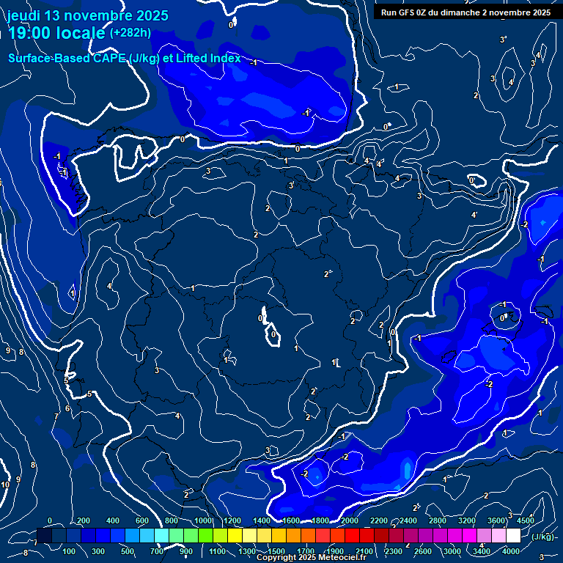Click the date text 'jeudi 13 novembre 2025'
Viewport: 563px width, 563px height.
pyautogui.click(x=88, y=15)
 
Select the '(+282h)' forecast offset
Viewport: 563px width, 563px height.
pyautogui.click(x=130, y=32)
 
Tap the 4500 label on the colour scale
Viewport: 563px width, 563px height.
pyautogui.click(x=526, y=520)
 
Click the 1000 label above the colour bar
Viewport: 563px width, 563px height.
pyautogui.click(x=203, y=520)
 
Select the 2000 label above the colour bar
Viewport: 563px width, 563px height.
pyautogui.click(x=350, y=520)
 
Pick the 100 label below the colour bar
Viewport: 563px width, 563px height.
pyautogui.click(x=70, y=551)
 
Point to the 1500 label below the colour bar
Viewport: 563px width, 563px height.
pyautogui.click(x=276, y=551)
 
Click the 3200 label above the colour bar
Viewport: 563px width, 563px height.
pyautogui.click(x=468, y=520)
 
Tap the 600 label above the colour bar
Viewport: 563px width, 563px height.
pyautogui.click(x=142, y=520)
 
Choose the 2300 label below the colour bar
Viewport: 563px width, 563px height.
pyautogui.click(x=394, y=551)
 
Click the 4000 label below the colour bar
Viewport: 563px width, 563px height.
pyautogui.click(x=511, y=551)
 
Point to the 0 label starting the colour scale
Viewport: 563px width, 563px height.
pyautogui.click(x=50, y=520)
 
